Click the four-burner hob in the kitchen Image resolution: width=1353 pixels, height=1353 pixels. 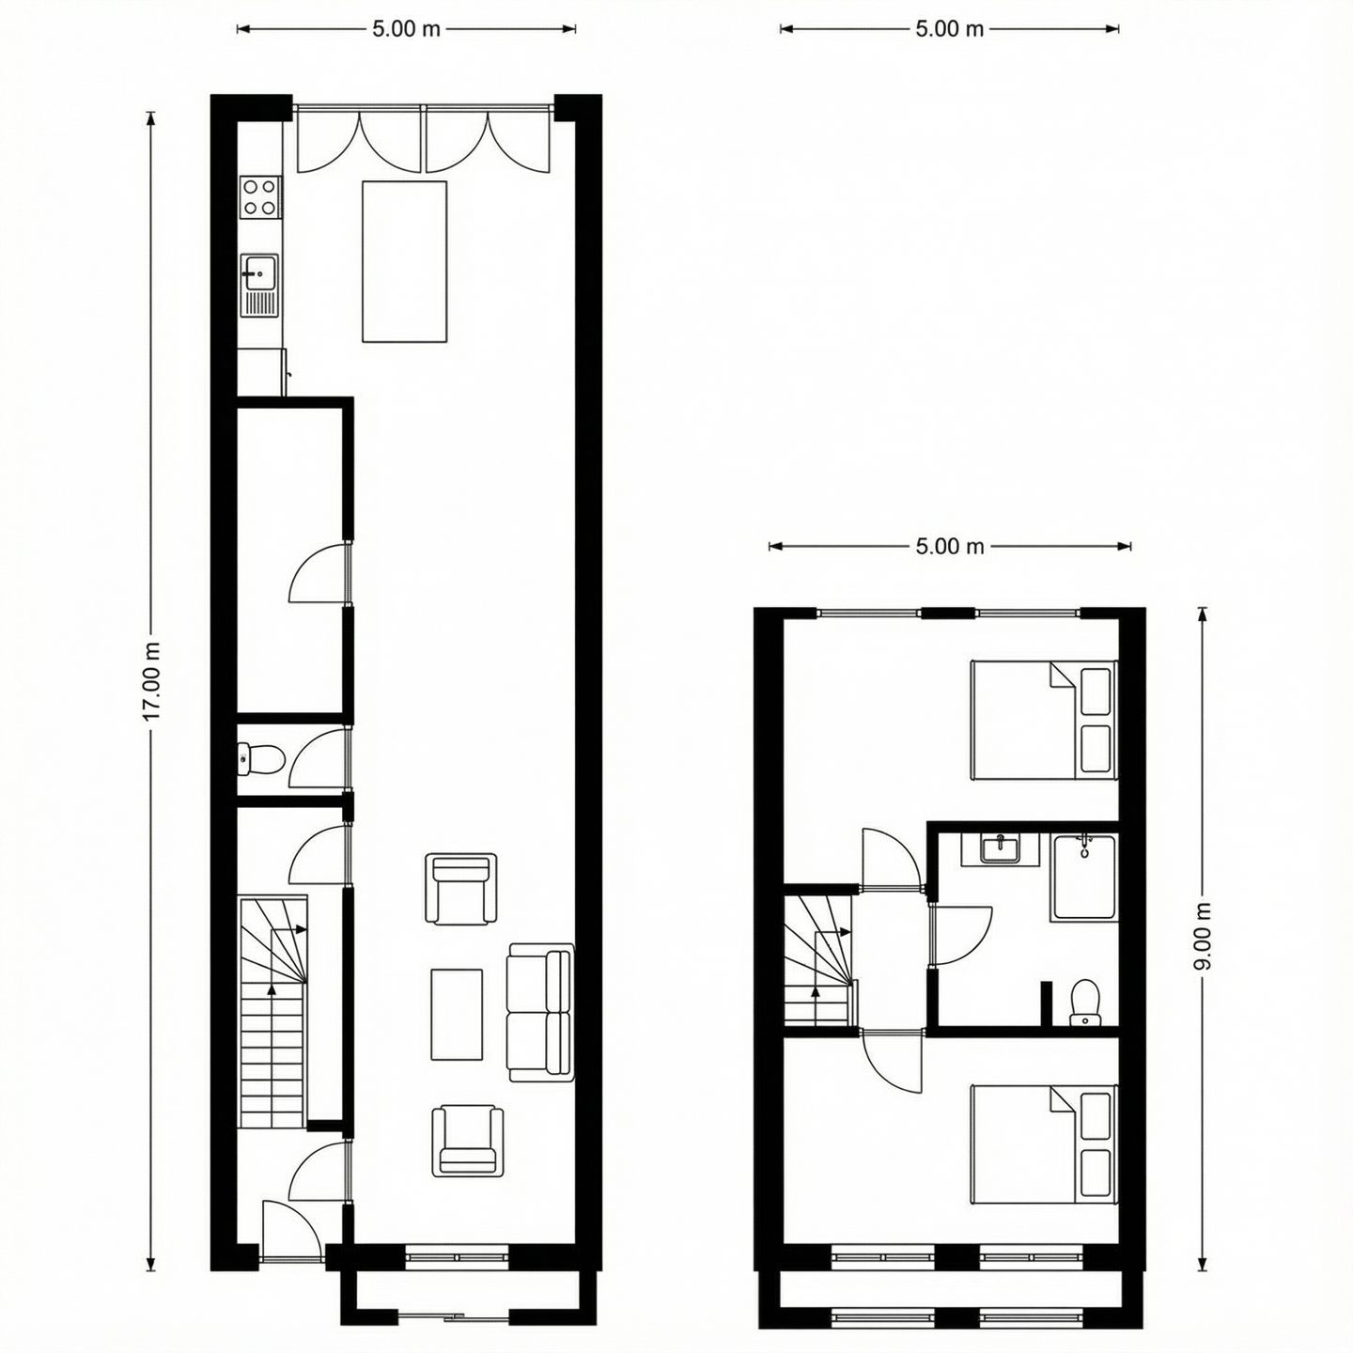click(260, 197)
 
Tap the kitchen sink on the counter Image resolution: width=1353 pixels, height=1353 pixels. click(257, 274)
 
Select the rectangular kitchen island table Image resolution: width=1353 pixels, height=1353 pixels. click(404, 261)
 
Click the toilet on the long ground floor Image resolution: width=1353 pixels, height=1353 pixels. click(260, 759)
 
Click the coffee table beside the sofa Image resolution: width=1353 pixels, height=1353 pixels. click(457, 1015)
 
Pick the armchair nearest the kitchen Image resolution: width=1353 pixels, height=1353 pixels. click(460, 889)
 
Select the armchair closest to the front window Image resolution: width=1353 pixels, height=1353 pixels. click(467, 1141)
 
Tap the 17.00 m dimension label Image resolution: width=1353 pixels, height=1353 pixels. click(151, 682)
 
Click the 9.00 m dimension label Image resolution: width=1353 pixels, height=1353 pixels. click(1204, 937)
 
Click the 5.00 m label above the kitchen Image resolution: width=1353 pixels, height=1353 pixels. click(406, 29)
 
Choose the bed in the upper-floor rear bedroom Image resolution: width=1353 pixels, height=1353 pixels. click(1043, 721)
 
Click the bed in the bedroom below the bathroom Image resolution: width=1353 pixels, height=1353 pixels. click(1043, 1144)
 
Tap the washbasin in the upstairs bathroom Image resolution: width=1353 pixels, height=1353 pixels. click(1000, 848)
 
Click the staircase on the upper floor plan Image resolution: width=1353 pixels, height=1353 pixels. click(818, 960)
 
